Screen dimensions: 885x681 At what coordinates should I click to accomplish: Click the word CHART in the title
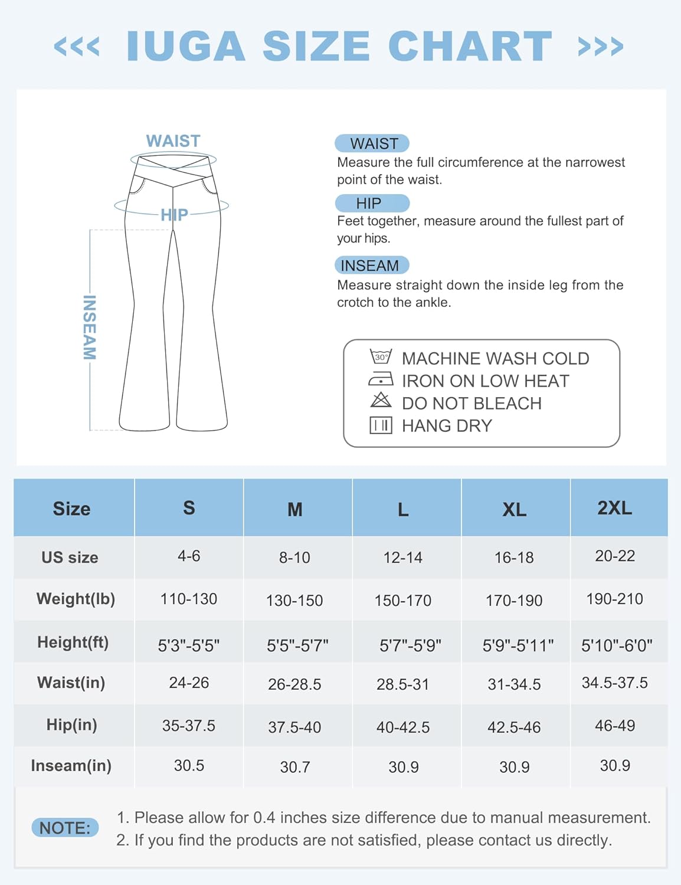(470, 46)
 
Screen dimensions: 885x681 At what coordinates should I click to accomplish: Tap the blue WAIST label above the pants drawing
(173, 141)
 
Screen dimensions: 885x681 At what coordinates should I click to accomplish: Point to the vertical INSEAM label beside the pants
(89, 327)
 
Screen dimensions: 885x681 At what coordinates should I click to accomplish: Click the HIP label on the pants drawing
(174, 215)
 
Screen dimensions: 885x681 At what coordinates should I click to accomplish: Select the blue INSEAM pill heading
(371, 265)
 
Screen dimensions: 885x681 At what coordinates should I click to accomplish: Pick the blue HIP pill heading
(371, 204)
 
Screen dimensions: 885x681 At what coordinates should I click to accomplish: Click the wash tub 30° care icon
(381, 357)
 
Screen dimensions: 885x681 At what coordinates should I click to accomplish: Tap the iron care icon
(381, 379)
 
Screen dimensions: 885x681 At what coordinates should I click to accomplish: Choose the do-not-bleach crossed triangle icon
(381, 401)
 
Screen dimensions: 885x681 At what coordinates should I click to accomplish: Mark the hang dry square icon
(381, 425)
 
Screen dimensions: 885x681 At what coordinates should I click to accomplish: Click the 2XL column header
(614, 508)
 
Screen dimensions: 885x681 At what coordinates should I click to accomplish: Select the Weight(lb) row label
(76, 599)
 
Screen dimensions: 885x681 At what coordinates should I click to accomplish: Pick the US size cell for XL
(514, 558)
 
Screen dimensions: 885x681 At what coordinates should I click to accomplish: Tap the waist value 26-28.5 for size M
(294, 684)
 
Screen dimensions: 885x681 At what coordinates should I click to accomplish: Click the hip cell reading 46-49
(614, 726)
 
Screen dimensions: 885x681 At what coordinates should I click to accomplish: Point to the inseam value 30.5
(189, 766)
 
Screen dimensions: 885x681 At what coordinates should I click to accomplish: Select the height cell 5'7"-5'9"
(410, 645)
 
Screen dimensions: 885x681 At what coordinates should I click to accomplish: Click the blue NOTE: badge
(65, 828)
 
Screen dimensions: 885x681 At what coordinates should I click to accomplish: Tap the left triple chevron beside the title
(77, 46)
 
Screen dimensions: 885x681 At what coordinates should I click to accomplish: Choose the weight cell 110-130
(189, 599)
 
